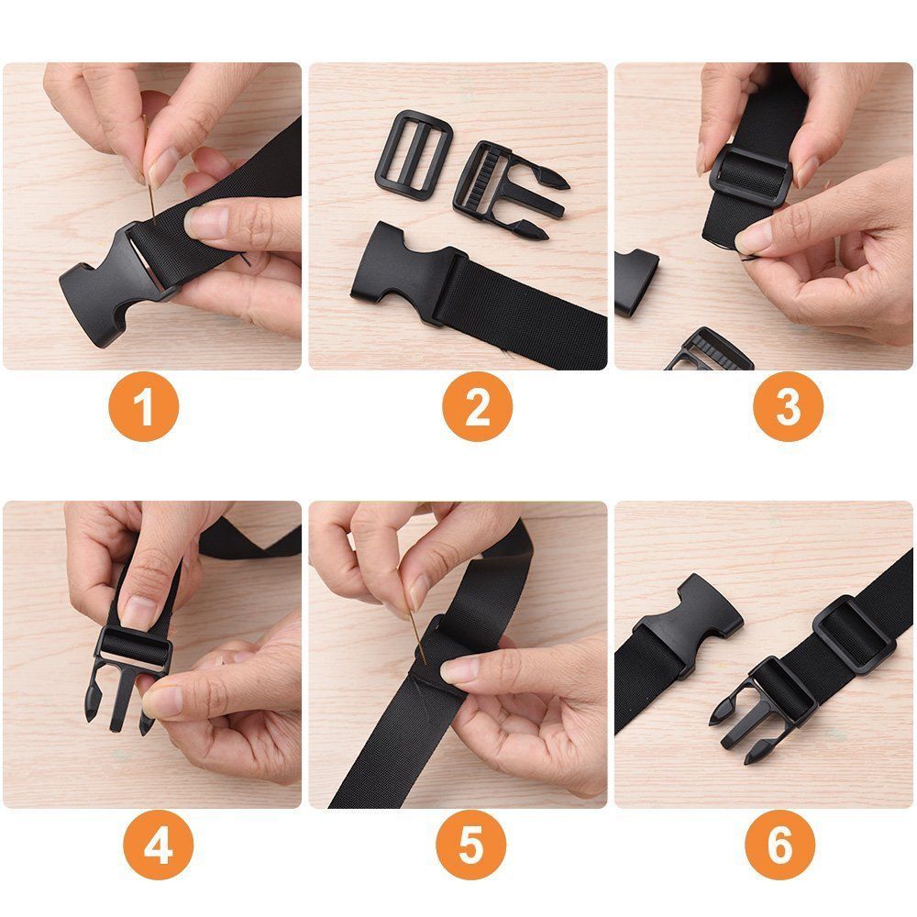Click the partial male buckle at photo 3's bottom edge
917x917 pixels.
(x=706, y=353)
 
